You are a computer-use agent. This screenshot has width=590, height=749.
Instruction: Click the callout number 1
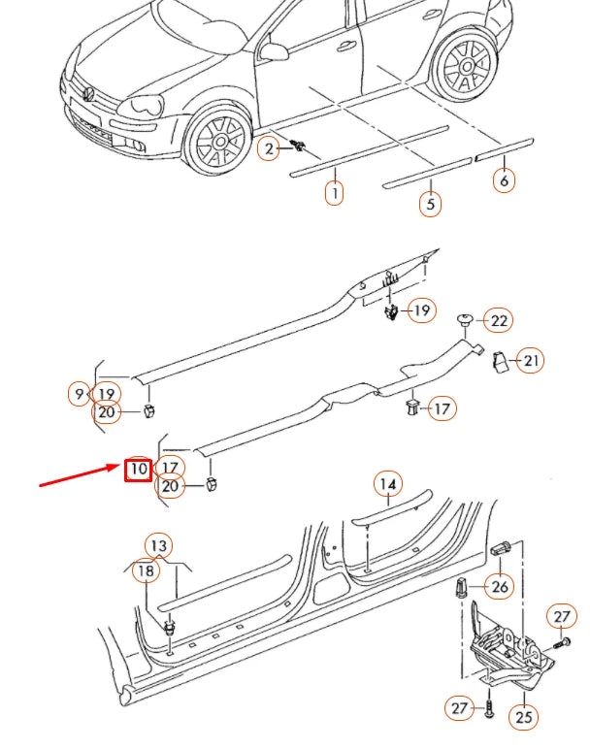coord(333,193)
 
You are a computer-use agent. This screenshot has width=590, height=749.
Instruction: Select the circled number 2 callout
coord(268,148)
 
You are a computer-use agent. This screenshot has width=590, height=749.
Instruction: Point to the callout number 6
coord(504,179)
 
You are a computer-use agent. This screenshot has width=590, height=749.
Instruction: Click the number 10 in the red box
coord(138,469)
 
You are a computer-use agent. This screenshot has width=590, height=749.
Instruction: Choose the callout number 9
coord(79,394)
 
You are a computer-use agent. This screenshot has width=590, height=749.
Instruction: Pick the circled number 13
coord(157,546)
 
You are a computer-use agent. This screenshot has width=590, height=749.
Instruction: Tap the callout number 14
coord(387,483)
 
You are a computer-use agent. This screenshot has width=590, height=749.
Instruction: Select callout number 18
coord(146,571)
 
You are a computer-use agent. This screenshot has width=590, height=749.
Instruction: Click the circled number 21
coord(529,361)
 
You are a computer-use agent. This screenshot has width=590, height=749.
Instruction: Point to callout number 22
coord(499,320)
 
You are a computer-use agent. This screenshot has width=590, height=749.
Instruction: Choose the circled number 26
coord(499,587)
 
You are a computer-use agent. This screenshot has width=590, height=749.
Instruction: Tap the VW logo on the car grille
coord(88,94)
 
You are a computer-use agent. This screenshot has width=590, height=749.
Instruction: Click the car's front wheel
coord(219,141)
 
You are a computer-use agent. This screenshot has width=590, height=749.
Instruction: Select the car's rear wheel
coord(463,65)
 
